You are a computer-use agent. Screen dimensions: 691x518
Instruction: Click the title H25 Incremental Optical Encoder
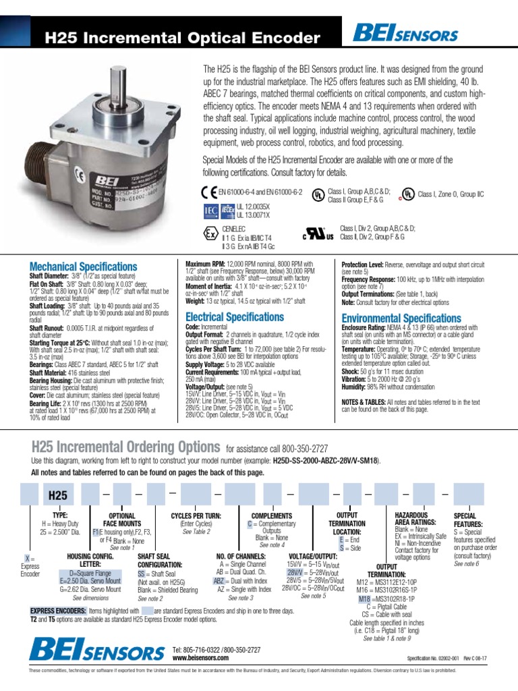click(x=181, y=37)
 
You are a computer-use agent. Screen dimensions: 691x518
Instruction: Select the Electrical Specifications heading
click(x=234, y=316)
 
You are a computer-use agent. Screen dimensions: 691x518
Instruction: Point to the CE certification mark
click(x=209, y=192)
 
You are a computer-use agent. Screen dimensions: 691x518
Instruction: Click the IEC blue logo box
click(x=211, y=211)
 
